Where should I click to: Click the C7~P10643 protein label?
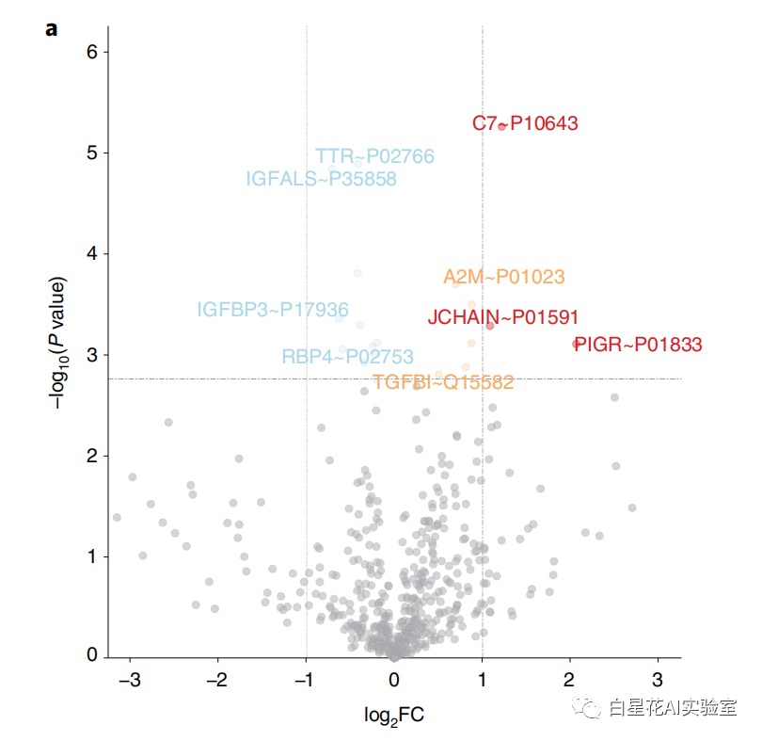pyautogui.click(x=525, y=123)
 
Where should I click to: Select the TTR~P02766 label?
pyautogui.click(x=374, y=156)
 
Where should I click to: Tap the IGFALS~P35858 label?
pyautogui.click(x=321, y=179)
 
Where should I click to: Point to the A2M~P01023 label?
pyautogui.click(x=504, y=277)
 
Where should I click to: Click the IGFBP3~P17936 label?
pyautogui.click(x=273, y=310)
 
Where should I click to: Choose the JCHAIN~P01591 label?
pyautogui.click(x=503, y=317)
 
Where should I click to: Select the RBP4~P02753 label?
pyautogui.click(x=347, y=357)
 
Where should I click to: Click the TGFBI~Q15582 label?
pyautogui.click(x=443, y=382)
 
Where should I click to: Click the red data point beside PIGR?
pyautogui.click(x=577, y=344)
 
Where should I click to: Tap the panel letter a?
pyautogui.click(x=51, y=28)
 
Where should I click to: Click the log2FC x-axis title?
pyautogui.click(x=394, y=716)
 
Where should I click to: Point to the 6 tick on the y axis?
pyautogui.click(x=92, y=52)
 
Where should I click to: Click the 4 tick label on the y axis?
pyautogui.click(x=92, y=254)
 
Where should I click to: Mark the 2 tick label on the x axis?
pyautogui.click(x=570, y=680)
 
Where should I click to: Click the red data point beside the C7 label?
pyautogui.click(x=502, y=126)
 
